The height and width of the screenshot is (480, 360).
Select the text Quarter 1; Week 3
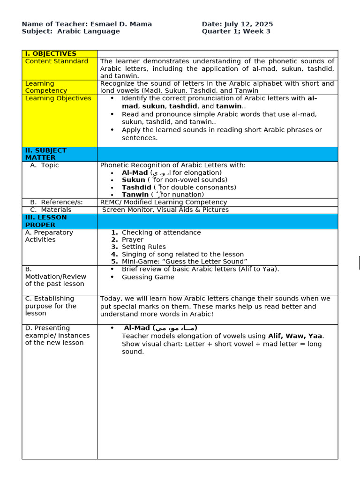click(236, 31)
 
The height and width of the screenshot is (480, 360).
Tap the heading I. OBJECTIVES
click(51, 54)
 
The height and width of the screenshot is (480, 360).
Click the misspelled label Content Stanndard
click(57, 61)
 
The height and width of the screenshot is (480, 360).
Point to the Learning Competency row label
click(46, 87)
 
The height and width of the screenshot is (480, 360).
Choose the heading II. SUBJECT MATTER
click(45, 154)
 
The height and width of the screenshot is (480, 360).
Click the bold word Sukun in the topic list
click(134, 180)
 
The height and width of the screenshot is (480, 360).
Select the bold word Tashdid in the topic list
click(136, 187)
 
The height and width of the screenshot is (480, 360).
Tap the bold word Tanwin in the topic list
click(135, 195)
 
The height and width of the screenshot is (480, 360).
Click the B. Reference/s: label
click(56, 202)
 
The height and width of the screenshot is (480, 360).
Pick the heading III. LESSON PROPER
click(46, 221)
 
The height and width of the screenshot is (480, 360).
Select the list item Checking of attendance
click(161, 232)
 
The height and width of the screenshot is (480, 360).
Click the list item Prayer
click(133, 240)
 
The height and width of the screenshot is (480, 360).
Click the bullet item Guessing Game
click(148, 277)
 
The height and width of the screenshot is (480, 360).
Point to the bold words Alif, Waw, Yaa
click(295, 336)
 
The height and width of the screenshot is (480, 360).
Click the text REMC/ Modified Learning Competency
click(164, 202)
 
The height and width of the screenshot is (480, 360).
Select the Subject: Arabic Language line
click(71, 31)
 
